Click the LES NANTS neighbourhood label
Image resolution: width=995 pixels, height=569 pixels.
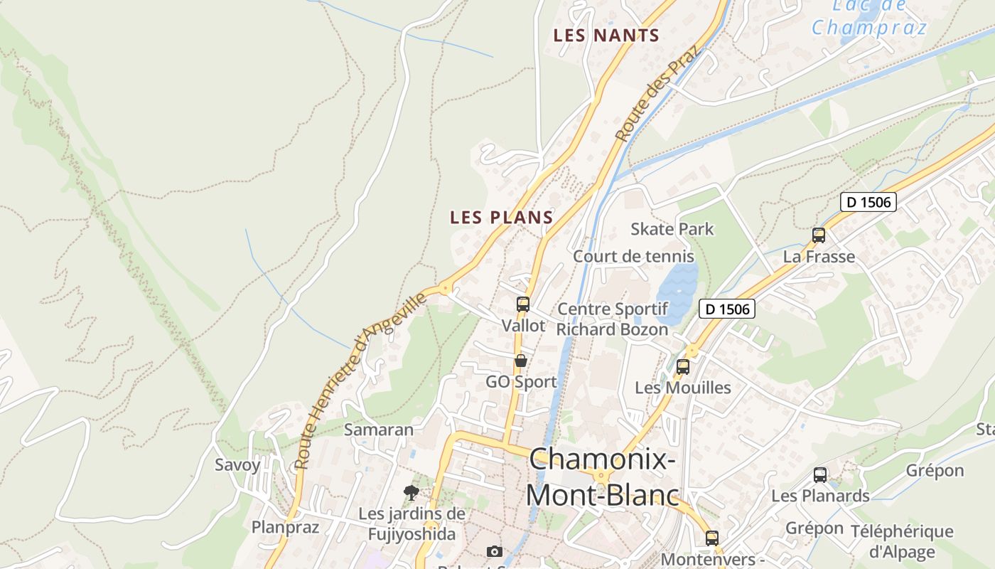click(606, 35)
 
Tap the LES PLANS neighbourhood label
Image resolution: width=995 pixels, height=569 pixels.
click(502, 218)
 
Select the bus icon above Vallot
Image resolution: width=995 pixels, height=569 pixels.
click(523, 304)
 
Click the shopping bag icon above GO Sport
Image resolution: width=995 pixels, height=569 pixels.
click(521, 361)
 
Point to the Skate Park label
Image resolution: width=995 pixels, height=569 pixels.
click(672, 229)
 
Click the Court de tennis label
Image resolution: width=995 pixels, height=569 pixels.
click(634, 256)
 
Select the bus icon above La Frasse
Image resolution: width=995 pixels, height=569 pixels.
click(819, 235)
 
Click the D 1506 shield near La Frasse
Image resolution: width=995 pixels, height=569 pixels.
click(868, 202)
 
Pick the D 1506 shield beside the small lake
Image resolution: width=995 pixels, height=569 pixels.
click(726, 309)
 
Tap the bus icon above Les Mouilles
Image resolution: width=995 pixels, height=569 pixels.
click(683, 367)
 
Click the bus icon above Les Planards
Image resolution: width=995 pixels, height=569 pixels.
click(820, 475)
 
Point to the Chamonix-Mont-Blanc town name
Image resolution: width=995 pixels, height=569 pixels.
click(602, 477)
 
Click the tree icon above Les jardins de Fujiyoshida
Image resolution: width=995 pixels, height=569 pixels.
click(411, 492)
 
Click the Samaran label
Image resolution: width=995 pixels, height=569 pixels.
click(379, 430)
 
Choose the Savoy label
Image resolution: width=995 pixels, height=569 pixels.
click(237, 465)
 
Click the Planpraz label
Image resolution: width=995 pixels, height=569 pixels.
click(286, 527)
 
